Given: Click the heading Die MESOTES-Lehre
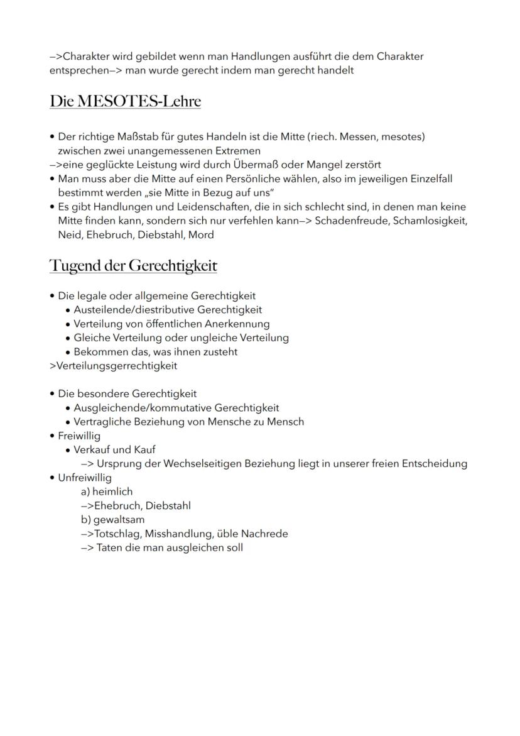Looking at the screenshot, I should point(125,101).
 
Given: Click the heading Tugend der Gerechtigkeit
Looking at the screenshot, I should point(133,266).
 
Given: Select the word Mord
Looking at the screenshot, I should point(202,234).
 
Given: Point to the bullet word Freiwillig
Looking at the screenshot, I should point(79,436).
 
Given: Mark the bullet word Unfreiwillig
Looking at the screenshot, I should point(84,478).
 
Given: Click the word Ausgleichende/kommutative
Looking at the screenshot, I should point(143,407).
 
